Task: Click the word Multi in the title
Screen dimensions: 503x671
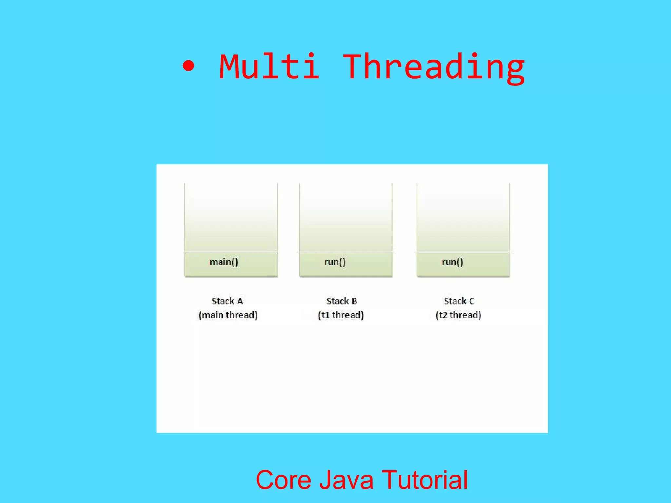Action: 269,67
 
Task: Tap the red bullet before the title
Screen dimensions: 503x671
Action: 188,66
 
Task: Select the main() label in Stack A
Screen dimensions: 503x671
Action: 224,262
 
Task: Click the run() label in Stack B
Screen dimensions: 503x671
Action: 335,262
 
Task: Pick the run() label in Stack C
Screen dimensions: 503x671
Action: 452,262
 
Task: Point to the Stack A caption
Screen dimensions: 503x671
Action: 227,301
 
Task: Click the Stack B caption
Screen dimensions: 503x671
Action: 341,301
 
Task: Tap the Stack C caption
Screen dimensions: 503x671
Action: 459,301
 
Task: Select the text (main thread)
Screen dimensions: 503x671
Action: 228,315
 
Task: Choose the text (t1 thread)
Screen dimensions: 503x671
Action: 341,315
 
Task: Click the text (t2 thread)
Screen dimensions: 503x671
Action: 458,315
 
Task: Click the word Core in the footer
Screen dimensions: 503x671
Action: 283,480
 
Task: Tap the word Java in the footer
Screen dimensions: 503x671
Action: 346,480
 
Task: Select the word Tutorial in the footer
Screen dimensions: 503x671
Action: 425,480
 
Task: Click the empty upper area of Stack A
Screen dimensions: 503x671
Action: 231,216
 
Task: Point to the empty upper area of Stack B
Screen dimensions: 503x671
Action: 346,216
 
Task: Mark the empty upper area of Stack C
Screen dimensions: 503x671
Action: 463,216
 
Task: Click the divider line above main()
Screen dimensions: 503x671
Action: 231,252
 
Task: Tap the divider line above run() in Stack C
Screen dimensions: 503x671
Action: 463,252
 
